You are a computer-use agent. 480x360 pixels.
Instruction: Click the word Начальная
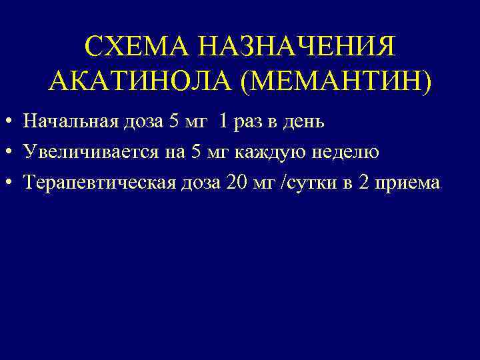pos(68,122)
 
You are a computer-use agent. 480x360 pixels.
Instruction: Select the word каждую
pos(279,152)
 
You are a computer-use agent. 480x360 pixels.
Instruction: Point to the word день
pos(305,122)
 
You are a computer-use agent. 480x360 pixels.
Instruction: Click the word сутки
pos(310,182)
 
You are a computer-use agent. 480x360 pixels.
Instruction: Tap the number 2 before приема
pos(363,182)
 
